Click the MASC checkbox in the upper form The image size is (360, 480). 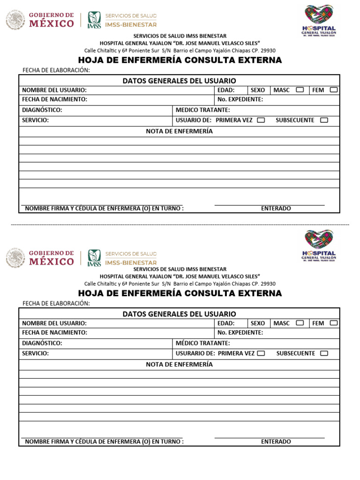tap(300, 90)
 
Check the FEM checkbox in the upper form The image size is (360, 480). tap(333, 90)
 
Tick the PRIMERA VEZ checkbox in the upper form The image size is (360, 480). tap(261, 120)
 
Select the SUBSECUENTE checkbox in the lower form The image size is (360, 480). tap(324, 353)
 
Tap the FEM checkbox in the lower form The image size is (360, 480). tap(333, 323)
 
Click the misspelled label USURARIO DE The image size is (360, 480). tap(195, 353)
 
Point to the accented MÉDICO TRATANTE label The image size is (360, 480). tap(202, 343)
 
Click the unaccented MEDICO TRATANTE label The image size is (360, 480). tap(202, 110)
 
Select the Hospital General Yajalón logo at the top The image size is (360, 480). tap(319, 18)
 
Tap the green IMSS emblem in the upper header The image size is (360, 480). tap(94, 20)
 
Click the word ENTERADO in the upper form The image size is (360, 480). tap(276, 209)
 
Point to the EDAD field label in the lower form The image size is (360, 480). tap(226, 323)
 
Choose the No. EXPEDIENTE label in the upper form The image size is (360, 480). tap(240, 99)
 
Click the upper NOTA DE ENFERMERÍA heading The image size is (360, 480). tap(179, 131)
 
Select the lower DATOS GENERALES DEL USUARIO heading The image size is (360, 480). tap(179, 314)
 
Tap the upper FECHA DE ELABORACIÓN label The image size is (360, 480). tap(56, 70)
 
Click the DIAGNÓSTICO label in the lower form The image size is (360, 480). tap(42, 343)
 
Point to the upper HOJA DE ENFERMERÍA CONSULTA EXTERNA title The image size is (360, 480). tap(180, 60)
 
